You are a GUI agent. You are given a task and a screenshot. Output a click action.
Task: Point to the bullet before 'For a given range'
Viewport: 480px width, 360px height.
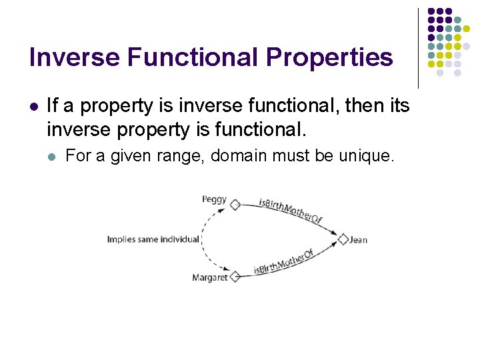53,157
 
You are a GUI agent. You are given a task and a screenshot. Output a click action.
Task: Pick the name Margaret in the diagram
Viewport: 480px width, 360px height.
209,277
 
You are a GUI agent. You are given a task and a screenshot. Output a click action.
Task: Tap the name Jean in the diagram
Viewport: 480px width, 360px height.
358,240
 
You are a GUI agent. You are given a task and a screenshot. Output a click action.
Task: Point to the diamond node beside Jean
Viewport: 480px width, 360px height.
343,239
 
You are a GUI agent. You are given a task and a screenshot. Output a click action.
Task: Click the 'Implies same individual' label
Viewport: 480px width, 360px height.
153,239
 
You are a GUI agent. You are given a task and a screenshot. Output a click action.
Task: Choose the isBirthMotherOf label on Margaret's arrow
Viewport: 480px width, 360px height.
283,263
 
